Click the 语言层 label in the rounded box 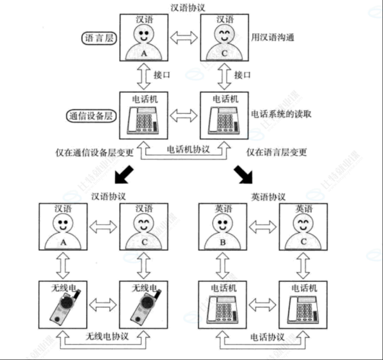coord(99,38)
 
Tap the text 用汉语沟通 coord(273,37)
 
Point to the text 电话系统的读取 coord(280,114)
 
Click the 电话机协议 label coord(188,150)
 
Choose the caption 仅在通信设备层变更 coord(95,152)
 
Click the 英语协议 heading coord(268,197)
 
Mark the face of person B coord(222,225)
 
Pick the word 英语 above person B coord(222,209)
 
